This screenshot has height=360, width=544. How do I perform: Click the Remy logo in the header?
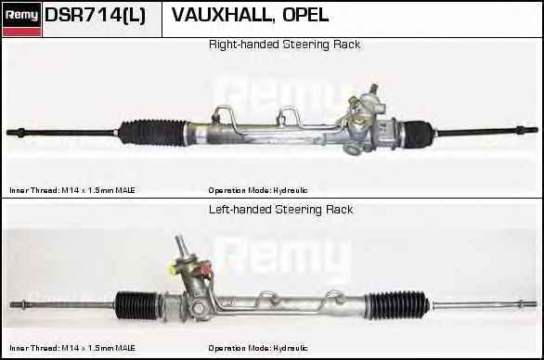(x=22, y=19)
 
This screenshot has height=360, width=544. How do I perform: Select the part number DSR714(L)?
(x=95, y=15)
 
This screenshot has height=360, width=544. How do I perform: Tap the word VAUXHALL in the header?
(x=221, y=15)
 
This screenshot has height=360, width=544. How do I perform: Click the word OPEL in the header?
(x=305, y=15)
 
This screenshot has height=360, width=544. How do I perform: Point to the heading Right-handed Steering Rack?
(x=284, y=45)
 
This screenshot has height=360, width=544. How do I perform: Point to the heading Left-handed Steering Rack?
(x=280, y=209)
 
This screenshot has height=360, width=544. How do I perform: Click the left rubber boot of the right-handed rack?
(x=152, y=132)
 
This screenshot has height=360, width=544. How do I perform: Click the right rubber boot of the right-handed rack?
(x=418, y=134)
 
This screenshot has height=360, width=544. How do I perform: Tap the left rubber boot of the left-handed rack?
(x=136, y=305)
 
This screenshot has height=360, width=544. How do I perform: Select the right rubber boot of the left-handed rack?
(x=397, y=305)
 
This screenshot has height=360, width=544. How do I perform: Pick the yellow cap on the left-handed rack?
(x=172, y=268)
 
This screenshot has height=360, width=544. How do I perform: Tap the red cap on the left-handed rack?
(x=205, y=269)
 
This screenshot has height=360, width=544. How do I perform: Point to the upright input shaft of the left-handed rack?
(x=182, y=246)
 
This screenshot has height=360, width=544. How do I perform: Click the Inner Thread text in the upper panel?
(x=72, y=190)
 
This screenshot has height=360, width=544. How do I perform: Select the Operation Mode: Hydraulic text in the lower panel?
(x=258, y=348)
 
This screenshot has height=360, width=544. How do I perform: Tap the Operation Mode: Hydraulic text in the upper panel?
(x=258, y=190)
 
